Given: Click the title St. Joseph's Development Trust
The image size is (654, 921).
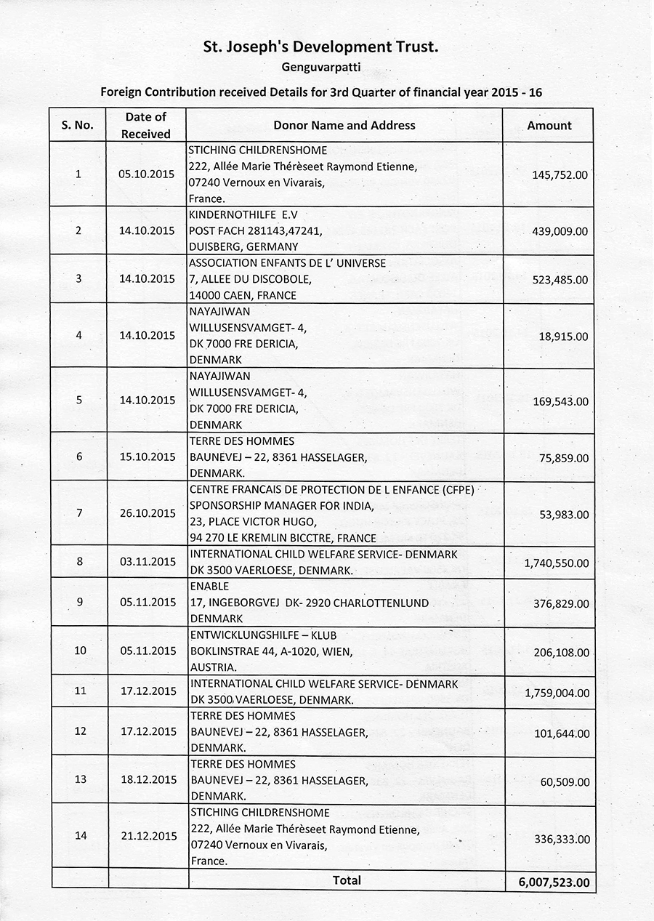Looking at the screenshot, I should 322,48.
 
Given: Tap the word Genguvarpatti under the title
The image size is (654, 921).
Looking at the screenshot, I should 322,68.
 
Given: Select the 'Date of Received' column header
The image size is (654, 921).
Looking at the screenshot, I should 145,125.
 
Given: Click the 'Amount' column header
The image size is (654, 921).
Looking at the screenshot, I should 549,125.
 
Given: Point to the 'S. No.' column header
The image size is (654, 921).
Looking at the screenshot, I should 78,125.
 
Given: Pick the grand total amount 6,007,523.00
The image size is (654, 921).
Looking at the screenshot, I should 550,882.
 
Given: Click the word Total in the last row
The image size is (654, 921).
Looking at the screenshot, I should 347,880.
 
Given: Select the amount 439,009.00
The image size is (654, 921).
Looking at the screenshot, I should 560,231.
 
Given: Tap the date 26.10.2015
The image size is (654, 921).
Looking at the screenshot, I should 147,512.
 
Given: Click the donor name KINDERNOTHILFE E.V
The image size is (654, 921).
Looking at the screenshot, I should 243,215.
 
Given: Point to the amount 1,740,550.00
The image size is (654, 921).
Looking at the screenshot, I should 557,563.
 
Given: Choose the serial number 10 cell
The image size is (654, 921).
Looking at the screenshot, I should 80,650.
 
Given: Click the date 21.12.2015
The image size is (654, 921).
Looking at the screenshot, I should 147,835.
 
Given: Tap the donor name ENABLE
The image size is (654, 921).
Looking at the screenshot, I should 209,586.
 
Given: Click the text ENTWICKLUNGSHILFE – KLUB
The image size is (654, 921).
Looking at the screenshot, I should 262,635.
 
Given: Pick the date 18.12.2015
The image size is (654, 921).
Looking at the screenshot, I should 147,779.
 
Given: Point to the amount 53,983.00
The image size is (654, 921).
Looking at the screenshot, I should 564,515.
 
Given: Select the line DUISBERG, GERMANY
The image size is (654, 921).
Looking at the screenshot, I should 243,246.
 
